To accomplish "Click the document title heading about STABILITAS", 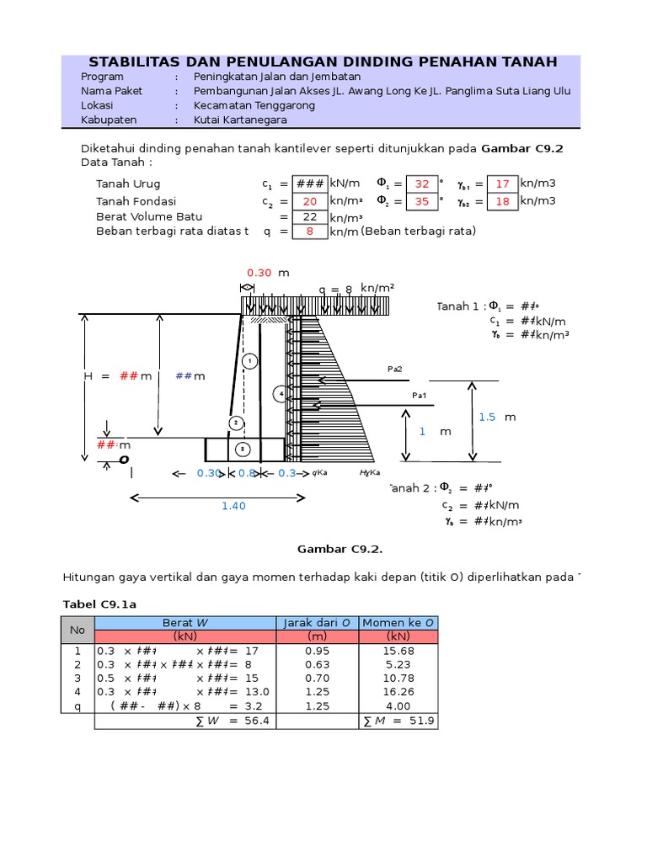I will [x=323, y=62].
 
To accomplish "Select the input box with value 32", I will [x=422, y=184].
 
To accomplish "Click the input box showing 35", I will [x=422, y=201].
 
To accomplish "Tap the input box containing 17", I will [x=503, y=184].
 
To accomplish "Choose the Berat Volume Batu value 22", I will [x=309, y=216].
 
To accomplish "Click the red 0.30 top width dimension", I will [x=259, y=273].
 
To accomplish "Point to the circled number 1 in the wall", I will [x=249, y=361].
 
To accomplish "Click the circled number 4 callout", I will [x=280, y=394].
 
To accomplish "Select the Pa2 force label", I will [x=394, y=369].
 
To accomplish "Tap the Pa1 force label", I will [x=419, y=395].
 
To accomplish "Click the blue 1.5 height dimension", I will [x=487, y=417].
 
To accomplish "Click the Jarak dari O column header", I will [x=317, y=622].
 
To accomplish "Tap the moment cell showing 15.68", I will [x=398, y=651].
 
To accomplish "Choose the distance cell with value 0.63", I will [x=317, y=664].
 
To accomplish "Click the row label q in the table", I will [x=78, y=706].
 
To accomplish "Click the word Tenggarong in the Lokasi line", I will [x=281, y=105].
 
